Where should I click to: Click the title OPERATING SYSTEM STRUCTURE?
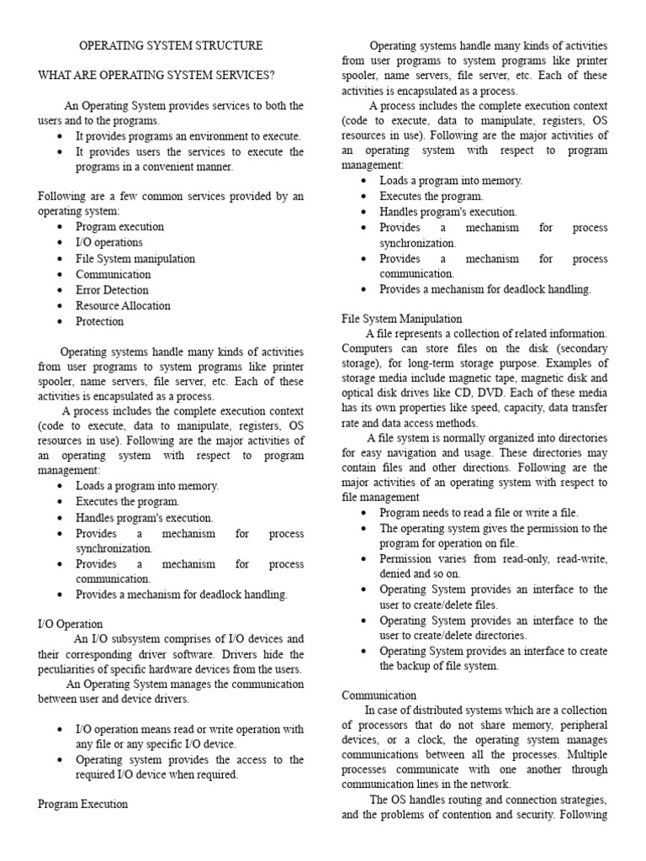pos(171,45)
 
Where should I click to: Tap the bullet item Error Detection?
pos(113,290)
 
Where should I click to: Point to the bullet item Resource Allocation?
pos(123,306)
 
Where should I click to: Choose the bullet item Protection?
pos(99,321)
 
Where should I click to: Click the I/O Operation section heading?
pos(71,624)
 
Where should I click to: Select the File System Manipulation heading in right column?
pos(402,319)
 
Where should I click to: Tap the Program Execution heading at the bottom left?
pos(83,804)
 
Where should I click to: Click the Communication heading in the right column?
pos(379,695)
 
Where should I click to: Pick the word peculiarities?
pos(77,669)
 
